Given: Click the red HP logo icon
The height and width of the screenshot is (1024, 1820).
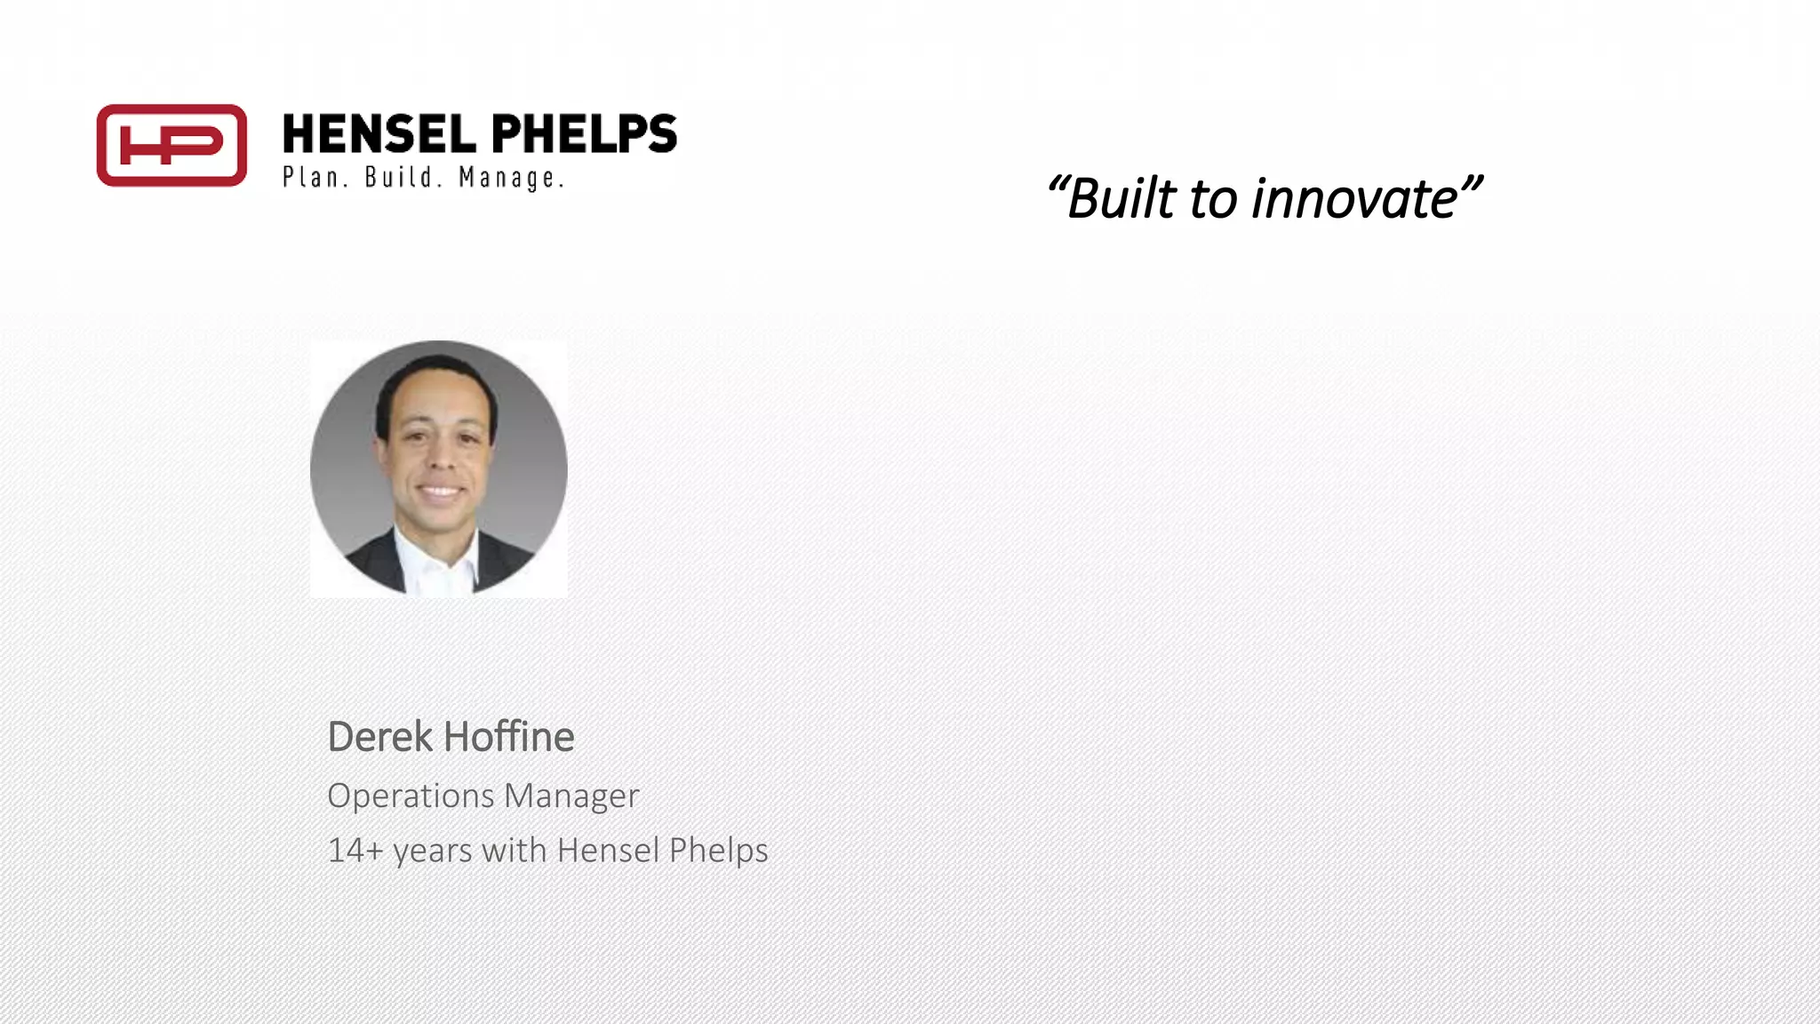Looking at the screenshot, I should tap(172, 145).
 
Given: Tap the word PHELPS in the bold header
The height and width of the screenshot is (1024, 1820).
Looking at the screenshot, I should tap(584, 134).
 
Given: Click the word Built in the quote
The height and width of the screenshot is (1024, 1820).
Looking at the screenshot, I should tap(1122, 198).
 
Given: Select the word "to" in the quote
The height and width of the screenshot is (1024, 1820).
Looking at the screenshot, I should tap(1213, 199).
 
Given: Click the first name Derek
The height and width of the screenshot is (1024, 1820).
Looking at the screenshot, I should tap(379, 737).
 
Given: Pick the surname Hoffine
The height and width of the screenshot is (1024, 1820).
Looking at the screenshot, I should tap(508, 737).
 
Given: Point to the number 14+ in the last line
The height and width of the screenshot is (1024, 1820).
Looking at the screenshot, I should tap(355, 851).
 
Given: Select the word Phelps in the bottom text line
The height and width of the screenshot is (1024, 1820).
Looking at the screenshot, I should tap(718, 851).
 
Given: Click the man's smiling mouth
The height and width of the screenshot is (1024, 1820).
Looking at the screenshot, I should tap(439, 490).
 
